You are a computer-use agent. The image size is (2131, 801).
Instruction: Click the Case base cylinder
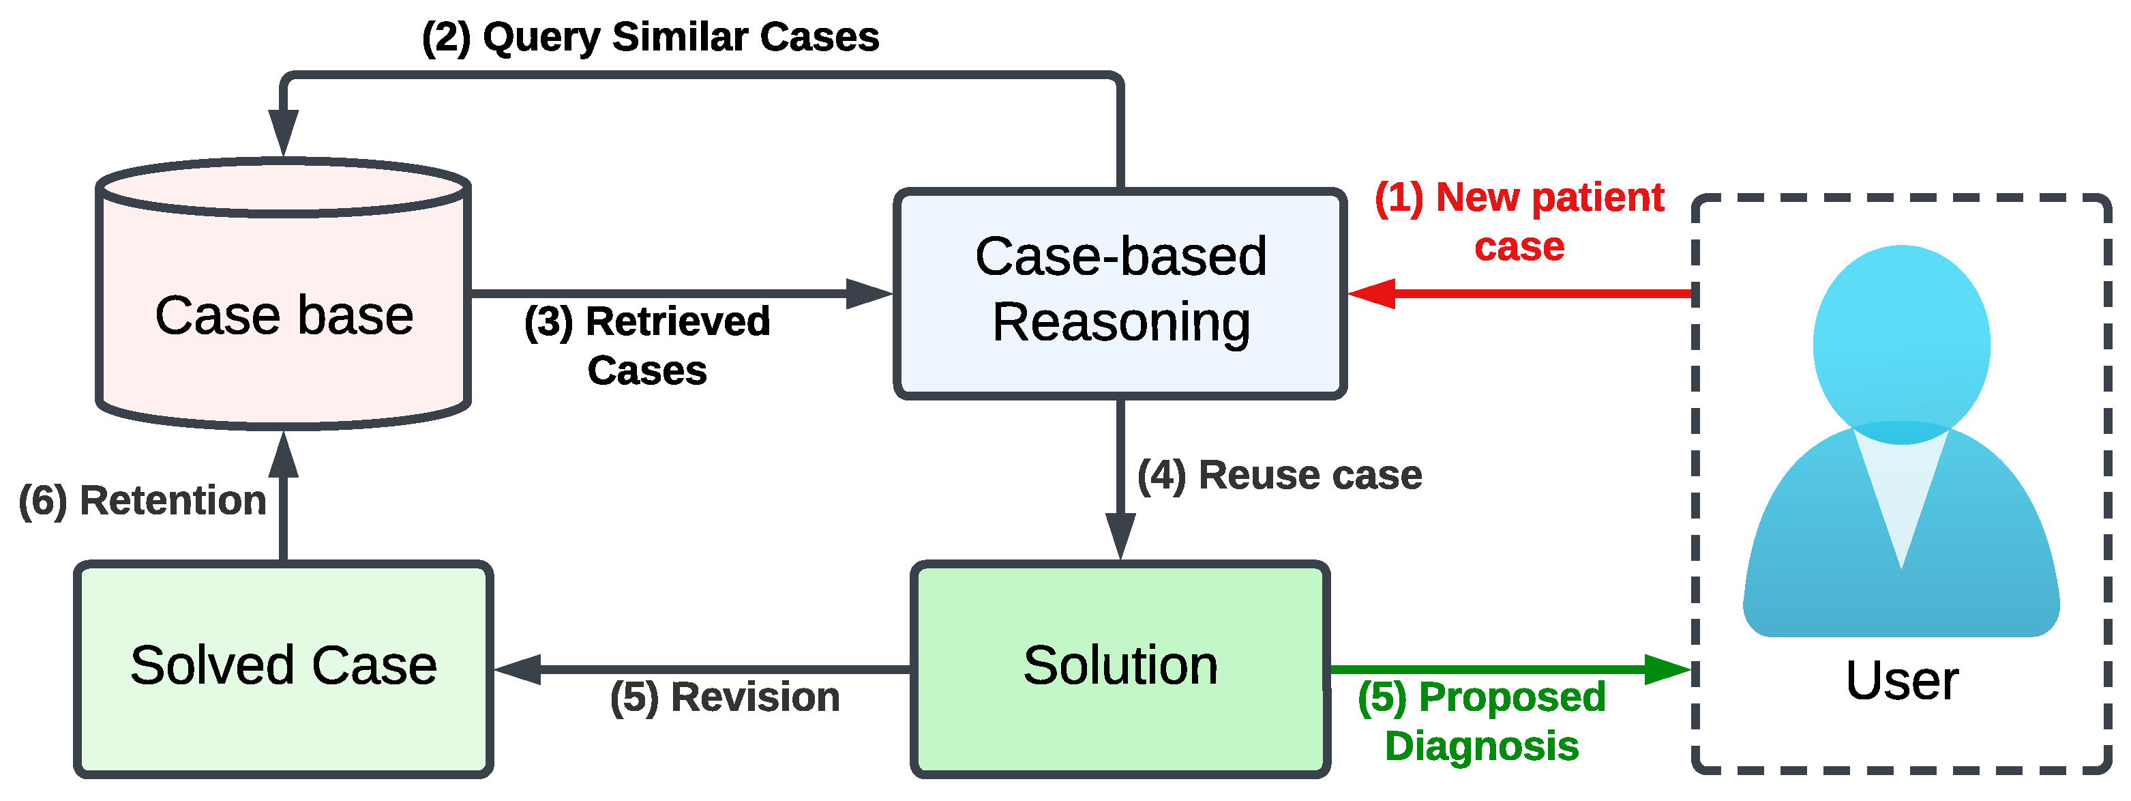tap(284, 294)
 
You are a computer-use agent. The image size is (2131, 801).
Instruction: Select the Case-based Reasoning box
tap(1120, 294)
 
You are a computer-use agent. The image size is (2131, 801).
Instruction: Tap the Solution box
tap(1120, 669)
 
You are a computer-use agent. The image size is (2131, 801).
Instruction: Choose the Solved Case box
tap(284, 669)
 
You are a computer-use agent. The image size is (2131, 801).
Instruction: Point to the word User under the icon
tap(1902, 681)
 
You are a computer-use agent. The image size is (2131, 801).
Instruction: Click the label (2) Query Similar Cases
tap(651, 38)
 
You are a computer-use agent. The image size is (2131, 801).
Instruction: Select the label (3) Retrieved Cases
tap(647, 345)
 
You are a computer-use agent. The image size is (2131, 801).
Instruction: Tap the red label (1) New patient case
tap(1519, 222)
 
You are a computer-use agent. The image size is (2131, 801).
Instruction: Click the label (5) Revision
tap(725, 697)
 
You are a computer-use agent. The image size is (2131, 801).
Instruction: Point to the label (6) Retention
tap(143, 501)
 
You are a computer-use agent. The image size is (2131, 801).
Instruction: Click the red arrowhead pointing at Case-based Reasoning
tap(1371, 294)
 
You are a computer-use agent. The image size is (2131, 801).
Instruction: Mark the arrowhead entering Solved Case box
tap(518, 669)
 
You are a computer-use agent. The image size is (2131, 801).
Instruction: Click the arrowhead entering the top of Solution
tap(1120, 536)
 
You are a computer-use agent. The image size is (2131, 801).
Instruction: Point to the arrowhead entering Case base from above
tap(284, 133)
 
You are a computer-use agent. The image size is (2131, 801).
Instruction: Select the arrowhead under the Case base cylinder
tap(284, 454)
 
